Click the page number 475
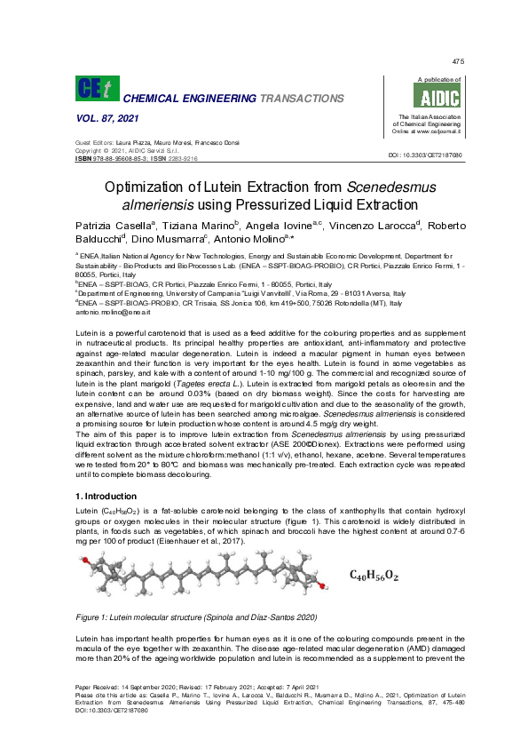(x=458, y=61)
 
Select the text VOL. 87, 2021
(x=97, y=119)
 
